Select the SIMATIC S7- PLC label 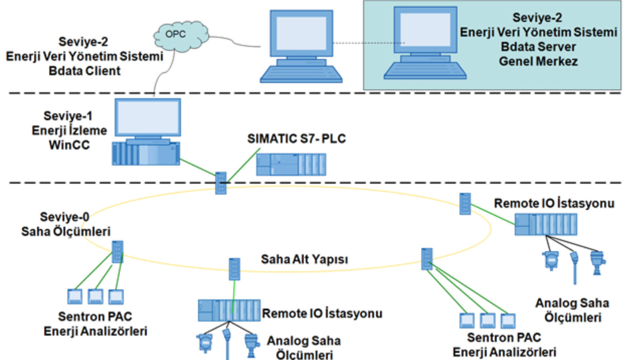(296, 139)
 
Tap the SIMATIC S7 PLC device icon (291, 165)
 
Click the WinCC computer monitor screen (148, 117)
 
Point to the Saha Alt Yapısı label (304, 259)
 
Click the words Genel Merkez (538, 62)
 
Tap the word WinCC (69, 145)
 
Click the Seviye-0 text (64, 217)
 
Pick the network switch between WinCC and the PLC (221, 183)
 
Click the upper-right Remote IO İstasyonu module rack (546, 224)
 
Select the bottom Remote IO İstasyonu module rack (229, 310)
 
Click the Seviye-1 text (68, 116)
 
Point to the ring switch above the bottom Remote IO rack (234, 269)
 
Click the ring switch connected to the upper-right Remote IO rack (465, 204)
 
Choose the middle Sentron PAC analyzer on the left (96, 296)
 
